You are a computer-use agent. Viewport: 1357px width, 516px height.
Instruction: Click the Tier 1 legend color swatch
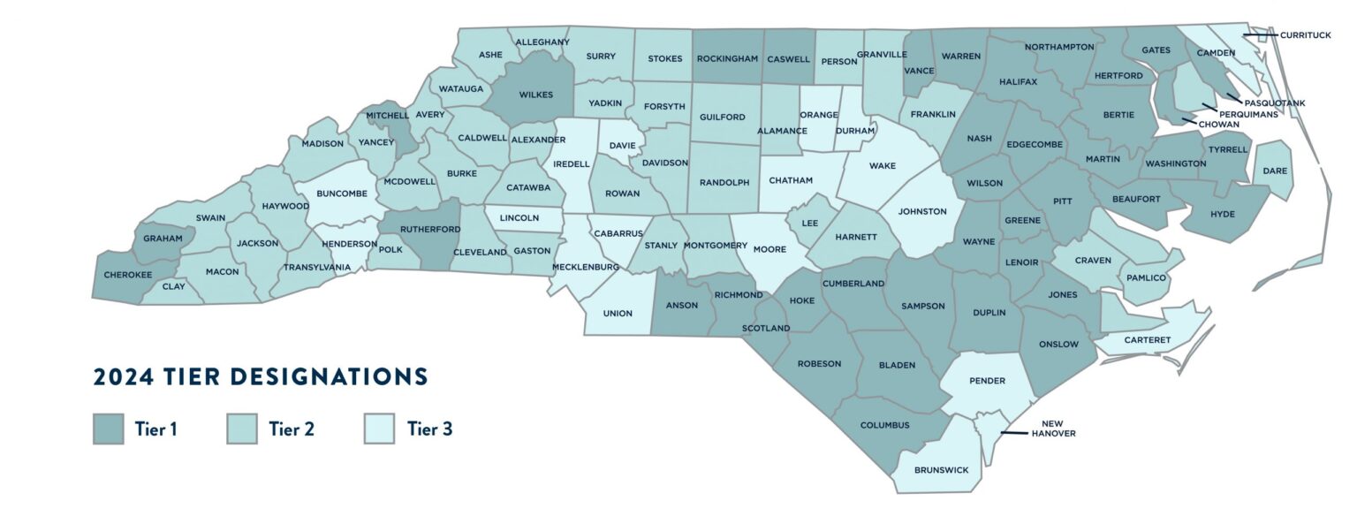click(x=108, y=429)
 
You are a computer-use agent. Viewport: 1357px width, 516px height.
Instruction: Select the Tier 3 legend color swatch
click(x=378, y=429)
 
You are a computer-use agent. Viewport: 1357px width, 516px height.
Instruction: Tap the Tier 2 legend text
click(x=292, y=429)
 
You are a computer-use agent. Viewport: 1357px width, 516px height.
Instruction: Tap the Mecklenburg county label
click(x=585, y=266)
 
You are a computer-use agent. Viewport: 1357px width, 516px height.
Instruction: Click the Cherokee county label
click(x=128, y=275)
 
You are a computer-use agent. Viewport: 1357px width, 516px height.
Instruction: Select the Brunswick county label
click(x=941, y=470)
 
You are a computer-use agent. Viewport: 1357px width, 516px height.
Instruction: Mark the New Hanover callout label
click(x=1053, y=429)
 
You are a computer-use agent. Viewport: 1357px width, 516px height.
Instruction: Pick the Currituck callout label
click(x=1305, y=35)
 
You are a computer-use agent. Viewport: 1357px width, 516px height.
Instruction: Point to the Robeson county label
click(x=819, y=363)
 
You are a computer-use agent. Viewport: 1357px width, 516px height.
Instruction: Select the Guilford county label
click(x=723, y=116)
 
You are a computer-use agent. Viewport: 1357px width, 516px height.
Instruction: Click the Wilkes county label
click(x=535, y=94)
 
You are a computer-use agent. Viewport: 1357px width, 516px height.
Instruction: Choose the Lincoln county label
click(x=519, y=217)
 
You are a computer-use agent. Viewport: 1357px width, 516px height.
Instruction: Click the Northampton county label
click(x=1059, y=46)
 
